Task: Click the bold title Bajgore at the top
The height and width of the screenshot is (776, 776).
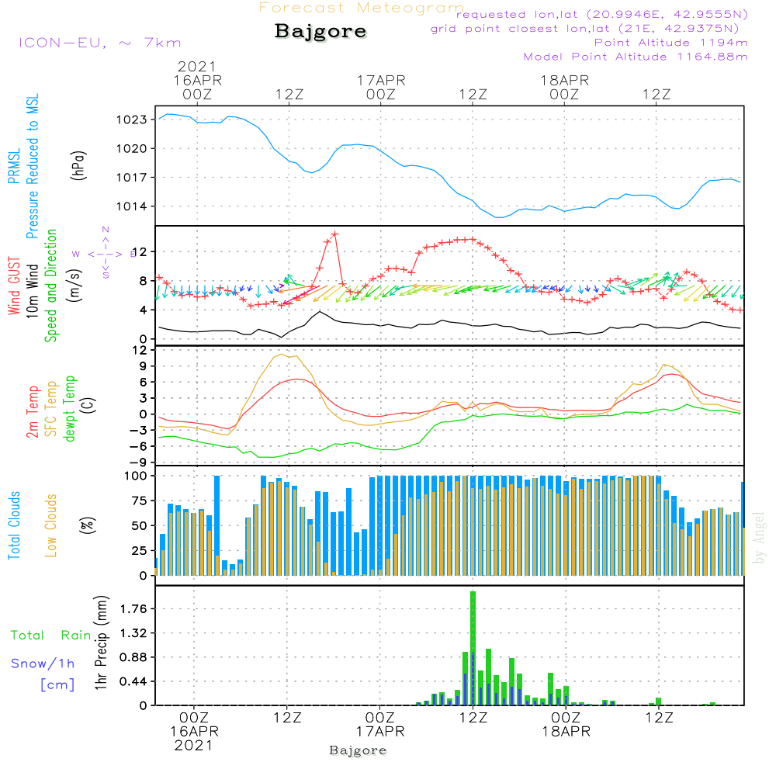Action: click(320, 32)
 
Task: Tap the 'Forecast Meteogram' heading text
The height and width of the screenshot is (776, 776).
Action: click(362, 8)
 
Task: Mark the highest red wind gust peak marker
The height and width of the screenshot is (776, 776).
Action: click(334, 234)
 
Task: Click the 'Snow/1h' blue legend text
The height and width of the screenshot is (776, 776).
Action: click(43, 663)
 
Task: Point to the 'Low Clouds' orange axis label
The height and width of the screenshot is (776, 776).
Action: click(52, 525)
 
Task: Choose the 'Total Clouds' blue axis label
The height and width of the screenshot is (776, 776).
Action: click(14, 525)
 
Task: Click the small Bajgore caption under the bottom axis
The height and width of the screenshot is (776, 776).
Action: click(358, 750)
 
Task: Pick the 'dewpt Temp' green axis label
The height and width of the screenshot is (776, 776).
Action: click(71, 408)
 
